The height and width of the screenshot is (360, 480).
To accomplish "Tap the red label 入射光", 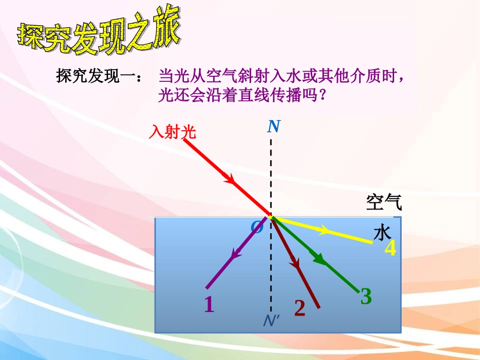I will (x=172, y=132).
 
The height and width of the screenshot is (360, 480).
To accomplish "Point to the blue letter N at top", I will (x=274, y=126).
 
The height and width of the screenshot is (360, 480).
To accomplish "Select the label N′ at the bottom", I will (x=271, y=321).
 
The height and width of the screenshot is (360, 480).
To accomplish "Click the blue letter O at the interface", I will (x=257, y=227).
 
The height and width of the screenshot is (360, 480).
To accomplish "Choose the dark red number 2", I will (x=300, y=308).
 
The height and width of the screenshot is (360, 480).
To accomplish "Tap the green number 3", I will (x=366, y=296).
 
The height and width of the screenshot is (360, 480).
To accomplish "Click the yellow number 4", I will (x=390, y=249).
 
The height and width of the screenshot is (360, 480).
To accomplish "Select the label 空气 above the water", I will (x=384, y=202).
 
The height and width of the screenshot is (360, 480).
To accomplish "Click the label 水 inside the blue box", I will (x=382, y=233).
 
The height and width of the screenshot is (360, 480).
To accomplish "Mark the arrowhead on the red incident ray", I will (x=229, y=178).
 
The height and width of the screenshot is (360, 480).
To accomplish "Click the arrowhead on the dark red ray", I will (x=295, y=262).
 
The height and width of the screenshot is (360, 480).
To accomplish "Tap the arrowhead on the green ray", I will (x=318, y=258).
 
